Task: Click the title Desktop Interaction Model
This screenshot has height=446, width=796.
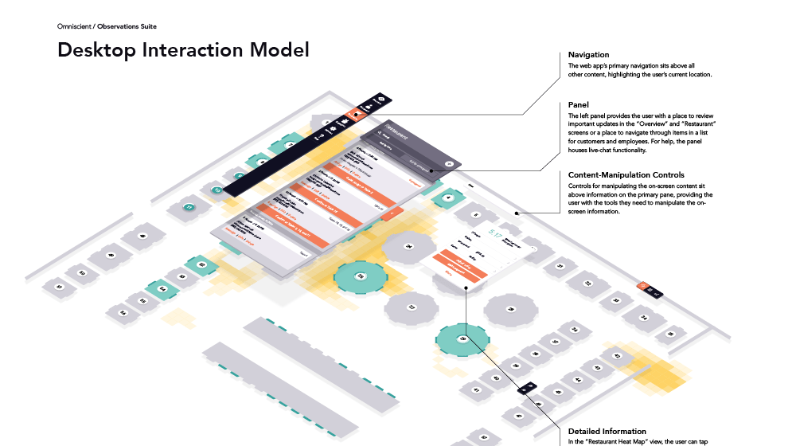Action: (x=183, y=50)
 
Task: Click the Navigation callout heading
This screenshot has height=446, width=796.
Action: (x=589, y=54)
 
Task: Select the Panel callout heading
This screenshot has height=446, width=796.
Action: (x=579, y=104)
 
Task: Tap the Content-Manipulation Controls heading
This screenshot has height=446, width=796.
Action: (x=626, y=174)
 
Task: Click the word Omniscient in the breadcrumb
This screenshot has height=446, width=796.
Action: (x=74, y=26)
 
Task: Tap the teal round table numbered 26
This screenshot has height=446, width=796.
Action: (x=360, y=276)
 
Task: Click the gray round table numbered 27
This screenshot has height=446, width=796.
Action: (x=412, y=307)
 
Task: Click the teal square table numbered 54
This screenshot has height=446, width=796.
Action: (x=162, y=289)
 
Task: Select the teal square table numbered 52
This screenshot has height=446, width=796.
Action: (x=201, y=264)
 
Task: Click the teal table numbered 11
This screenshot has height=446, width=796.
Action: (x=189, y=207)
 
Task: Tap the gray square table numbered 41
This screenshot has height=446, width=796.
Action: (x=476, y=390)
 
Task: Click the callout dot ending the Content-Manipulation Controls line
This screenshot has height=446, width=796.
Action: (x=517, y=213)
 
